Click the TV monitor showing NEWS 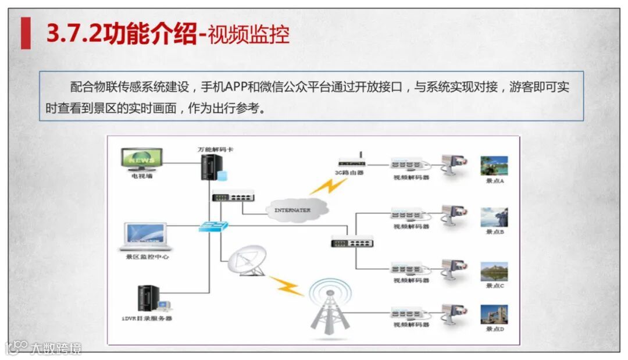point(142,159)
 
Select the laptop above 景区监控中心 point(146,237)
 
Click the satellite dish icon point(247,260)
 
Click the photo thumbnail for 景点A point(494,166)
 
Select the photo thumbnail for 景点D point(494,315)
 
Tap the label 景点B point(495,232)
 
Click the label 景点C point(495,286)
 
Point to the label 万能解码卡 point(216,149)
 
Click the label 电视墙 point(142,176)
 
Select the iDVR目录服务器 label point(147,319)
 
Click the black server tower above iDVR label point(148,298)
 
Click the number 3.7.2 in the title point(73,35)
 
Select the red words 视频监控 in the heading point(248,35)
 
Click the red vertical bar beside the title point(26,33)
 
